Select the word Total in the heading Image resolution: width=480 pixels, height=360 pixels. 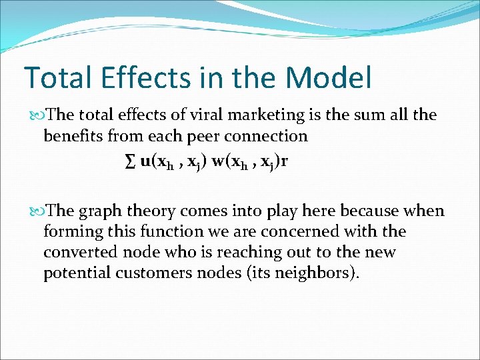pos(58,78)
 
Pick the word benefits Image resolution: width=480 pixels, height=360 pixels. pos(72,137)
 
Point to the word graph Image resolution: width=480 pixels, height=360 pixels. pos(101,211)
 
